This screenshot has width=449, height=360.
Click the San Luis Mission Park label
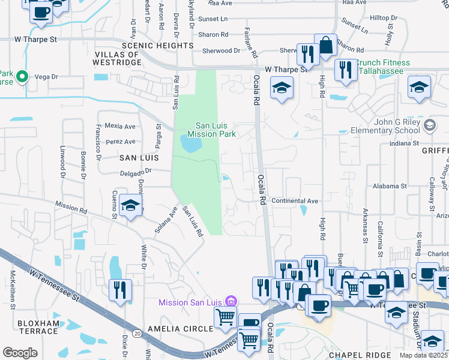[214, 130]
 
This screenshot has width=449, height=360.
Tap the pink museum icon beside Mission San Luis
[232, 301]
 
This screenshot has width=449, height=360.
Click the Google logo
[20, 353]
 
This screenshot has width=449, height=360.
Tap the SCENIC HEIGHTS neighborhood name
[157, 45]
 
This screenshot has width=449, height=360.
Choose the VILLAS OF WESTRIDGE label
[117, 58]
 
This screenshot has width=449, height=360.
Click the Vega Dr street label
[46, 77]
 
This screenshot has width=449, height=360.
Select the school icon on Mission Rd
[131, 205]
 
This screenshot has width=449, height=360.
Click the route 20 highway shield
[137, 333]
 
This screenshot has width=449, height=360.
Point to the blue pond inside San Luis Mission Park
[191, 145]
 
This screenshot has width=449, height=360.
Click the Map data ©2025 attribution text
[423, 355]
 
